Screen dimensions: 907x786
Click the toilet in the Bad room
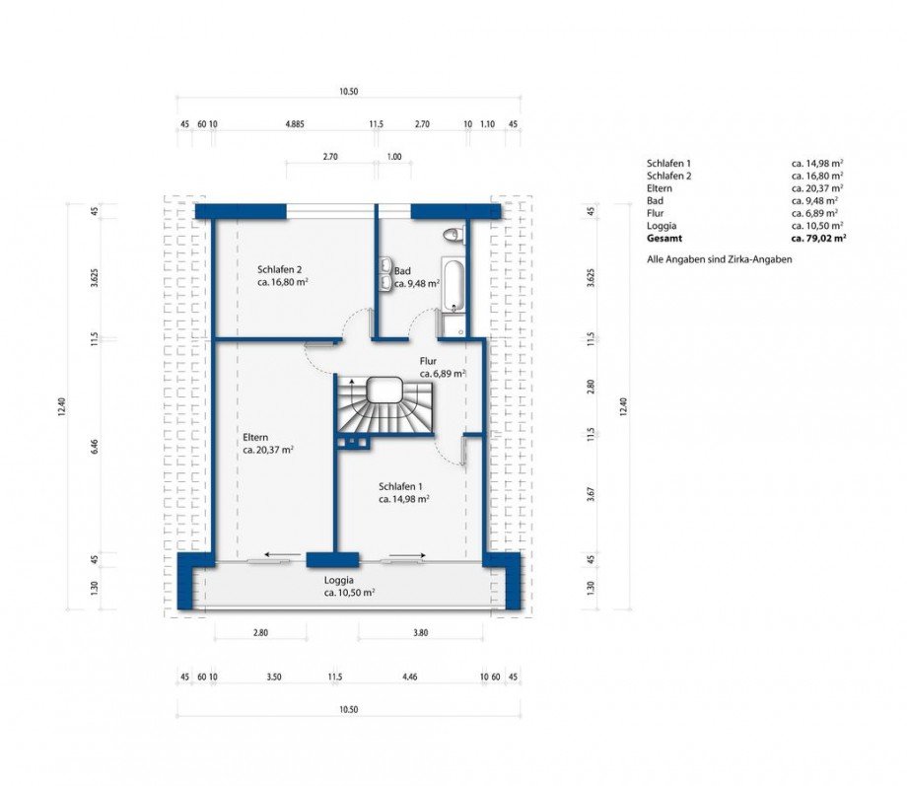pyautogui.click(x=453, y=235)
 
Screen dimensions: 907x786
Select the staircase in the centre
pyautogui.click(x=384, y=404)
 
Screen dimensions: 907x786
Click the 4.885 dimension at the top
pyautogui.click(x=295, y=124)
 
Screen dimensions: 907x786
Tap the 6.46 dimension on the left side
pyautogui.click(x=95, y=447)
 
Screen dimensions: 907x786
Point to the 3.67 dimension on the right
pyautogui.click(x=591, y=493)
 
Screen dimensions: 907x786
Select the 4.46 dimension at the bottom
pyautogui.click(x=409, y=677)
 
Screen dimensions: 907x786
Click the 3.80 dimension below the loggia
pyautogui.click(x=421, y=632)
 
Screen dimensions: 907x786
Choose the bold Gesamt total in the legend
pyautogui.click(x=664, y=238)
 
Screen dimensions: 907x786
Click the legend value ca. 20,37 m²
pyautogui.click(x=817, y=188)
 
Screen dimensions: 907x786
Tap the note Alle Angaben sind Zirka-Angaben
pyautogui.click(x=719, y=259)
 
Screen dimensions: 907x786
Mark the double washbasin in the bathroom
pyautogui.click(x=385, y=272)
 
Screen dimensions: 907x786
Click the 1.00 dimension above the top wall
pyautogui.click(x=394, y=156)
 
